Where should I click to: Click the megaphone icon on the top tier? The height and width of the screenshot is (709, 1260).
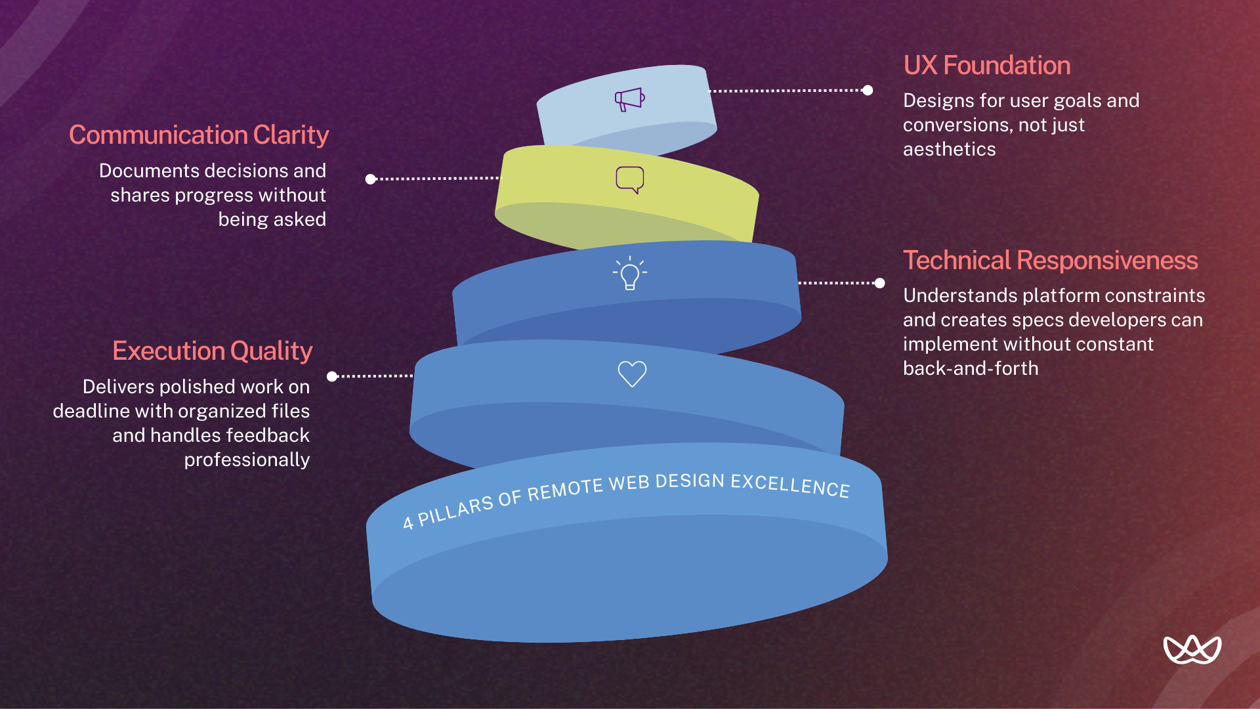coord(629,99)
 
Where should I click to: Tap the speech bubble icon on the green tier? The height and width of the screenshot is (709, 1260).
coord(630,179)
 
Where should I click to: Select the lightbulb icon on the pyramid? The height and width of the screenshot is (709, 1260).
coord(630,273)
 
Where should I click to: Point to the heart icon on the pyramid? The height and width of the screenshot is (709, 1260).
coord(632,374)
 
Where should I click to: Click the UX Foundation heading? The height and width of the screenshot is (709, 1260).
coord(986,66)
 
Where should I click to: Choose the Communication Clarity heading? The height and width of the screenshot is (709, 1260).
coord(199,135)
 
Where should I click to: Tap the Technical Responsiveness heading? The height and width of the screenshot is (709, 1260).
coord(1050,261)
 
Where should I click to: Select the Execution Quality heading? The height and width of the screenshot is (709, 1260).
coord(212,351)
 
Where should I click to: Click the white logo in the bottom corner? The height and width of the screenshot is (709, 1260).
coord(1192,650)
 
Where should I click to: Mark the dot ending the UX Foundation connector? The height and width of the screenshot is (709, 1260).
coord(868,91)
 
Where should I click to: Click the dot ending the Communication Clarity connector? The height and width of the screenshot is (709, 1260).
coord(371,179)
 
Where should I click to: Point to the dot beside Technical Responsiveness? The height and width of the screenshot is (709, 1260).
coord(880,284)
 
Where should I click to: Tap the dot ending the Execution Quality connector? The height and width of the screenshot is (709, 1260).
coord(332,376)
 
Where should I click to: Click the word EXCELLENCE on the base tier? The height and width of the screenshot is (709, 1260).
coord(790,485)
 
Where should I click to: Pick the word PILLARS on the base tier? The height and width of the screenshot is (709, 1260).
coord(455,511)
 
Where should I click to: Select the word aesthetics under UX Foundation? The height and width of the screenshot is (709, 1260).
coord(949,150)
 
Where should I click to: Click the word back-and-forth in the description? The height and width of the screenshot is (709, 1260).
coord(971,369)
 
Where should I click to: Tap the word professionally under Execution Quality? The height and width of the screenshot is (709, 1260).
coord(247,460)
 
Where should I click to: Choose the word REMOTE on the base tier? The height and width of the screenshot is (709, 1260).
coord(565,490)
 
